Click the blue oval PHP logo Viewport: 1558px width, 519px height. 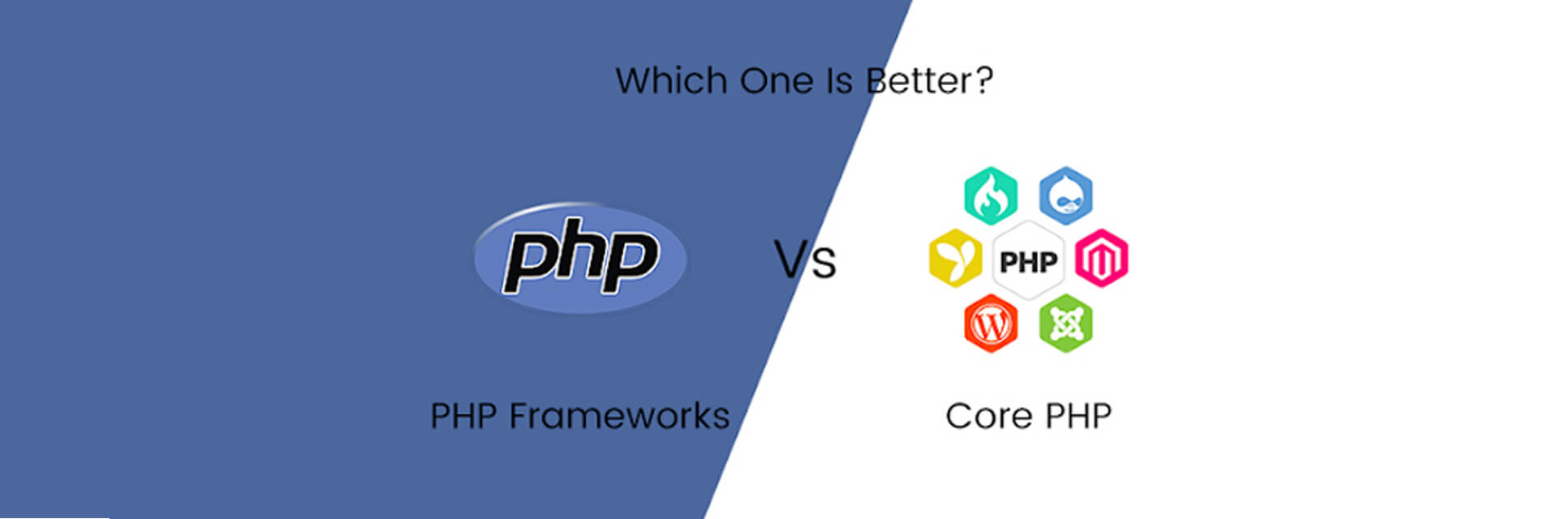tap(580, 258)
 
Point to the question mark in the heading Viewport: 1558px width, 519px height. tap(983, 79)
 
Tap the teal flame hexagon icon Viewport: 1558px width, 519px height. tap(990, 195)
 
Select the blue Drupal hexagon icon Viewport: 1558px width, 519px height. tap(1065, 195)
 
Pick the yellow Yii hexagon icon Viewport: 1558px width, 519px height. tap(954, 259)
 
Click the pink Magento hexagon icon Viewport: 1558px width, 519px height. tap(1101, 259)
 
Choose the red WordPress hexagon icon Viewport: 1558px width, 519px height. tap(990, 324)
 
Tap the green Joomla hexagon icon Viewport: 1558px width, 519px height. tap(1065, 324)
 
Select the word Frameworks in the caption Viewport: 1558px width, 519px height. tap(619, 416)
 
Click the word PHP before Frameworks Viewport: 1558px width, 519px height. tap(463, 416)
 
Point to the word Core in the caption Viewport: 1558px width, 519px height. tap(988, 417)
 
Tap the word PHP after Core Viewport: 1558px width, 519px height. tap(1078, 417)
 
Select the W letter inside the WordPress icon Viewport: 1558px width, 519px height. tap(990, 325)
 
